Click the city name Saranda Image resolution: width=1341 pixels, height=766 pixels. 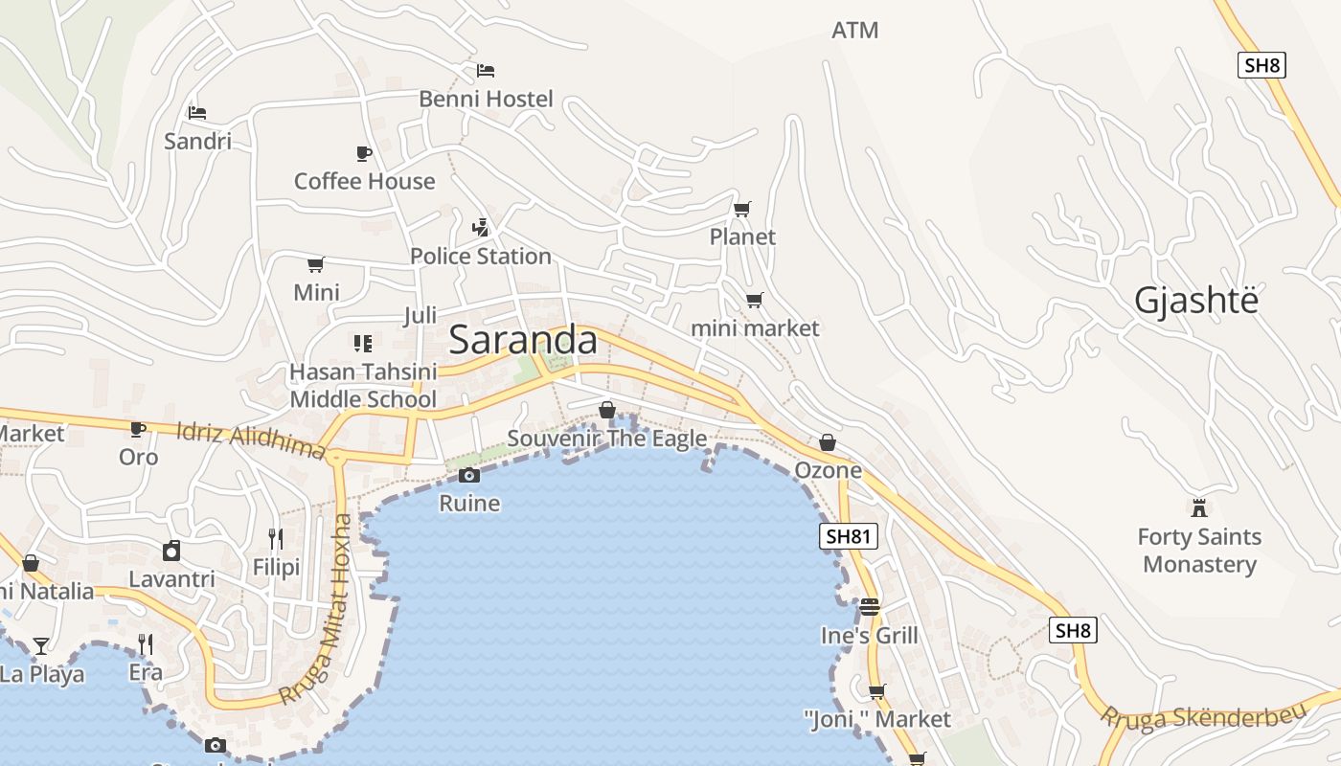tap(523, 340)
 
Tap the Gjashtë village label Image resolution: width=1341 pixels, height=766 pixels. tap(1195, 301)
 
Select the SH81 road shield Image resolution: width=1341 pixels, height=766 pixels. tap(849, 536)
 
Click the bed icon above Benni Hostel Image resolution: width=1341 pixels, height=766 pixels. tap(486, 71)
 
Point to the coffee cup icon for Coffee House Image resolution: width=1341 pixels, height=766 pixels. tap(364, 153)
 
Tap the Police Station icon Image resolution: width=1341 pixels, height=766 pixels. tap(481, 228)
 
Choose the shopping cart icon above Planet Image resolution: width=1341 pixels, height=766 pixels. tap(742, 209)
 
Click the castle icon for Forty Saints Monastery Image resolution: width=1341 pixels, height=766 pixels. tap(1198, 507)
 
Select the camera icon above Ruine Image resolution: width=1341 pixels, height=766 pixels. tap(468, 475)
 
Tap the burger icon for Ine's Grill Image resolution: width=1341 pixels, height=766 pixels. tap(870, 607)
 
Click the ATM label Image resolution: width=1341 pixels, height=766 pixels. tap(854, 31)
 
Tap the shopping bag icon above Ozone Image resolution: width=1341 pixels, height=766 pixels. tap(828, 442)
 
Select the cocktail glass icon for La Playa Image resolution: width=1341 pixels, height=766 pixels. tap(41, 645)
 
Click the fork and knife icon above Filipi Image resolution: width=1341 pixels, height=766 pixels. tap(276, 538)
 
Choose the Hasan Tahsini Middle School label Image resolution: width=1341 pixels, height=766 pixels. tap(363, 385)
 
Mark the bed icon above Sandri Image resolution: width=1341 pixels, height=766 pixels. tap(197, 113)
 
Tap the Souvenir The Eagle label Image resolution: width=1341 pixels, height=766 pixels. tap(607, 439)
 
